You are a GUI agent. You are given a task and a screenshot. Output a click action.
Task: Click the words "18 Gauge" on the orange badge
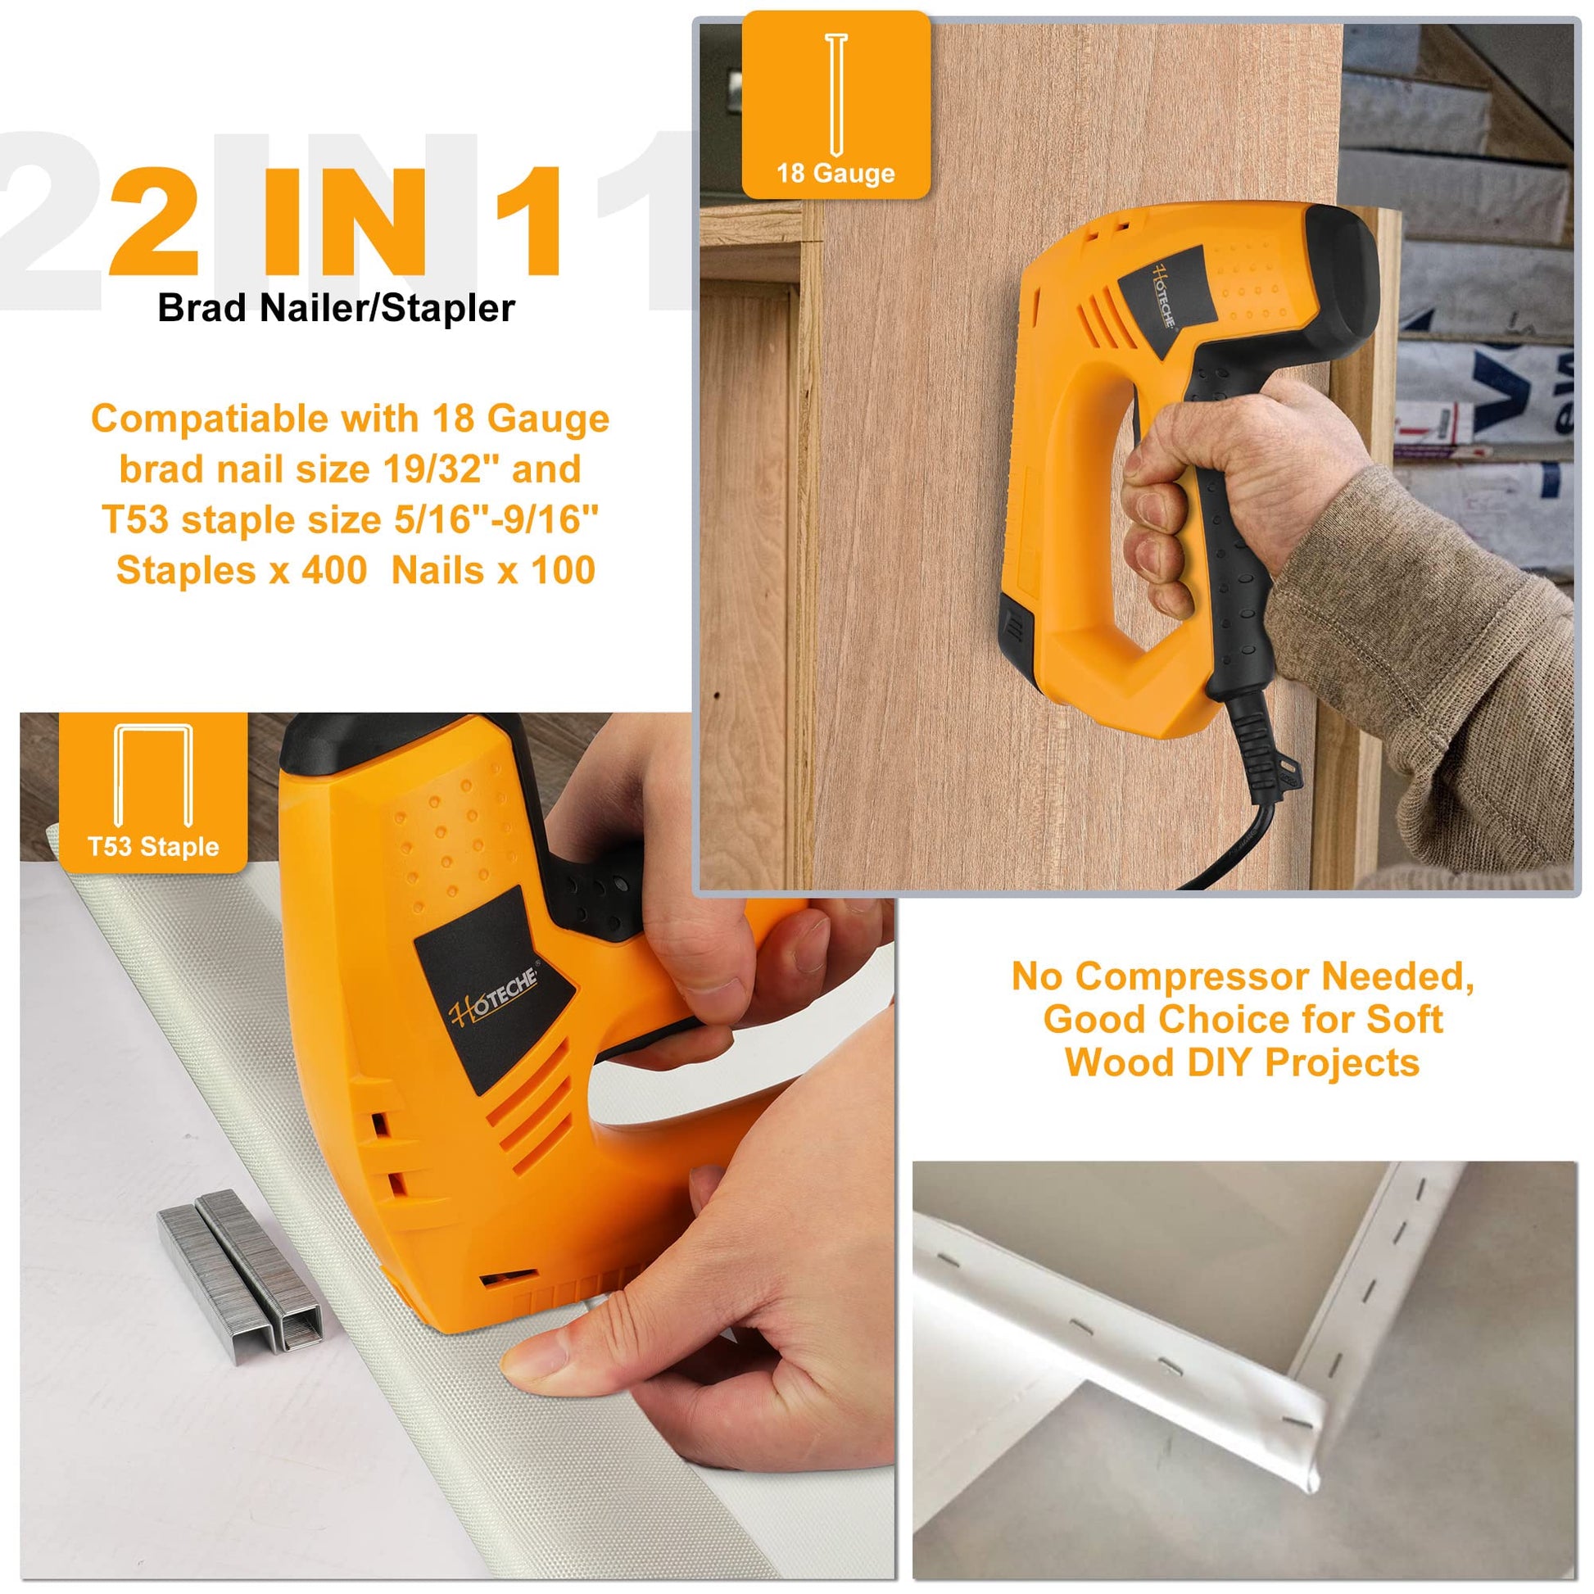tap(835, 174)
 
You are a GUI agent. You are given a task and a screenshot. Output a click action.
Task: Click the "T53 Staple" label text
tap(153, 846)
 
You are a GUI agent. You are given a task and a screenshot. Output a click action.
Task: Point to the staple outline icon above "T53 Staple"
tap(153, 776)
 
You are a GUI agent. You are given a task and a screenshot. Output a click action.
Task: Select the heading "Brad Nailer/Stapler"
tap(337, 308)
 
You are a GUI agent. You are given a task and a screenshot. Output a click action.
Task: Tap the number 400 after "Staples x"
tap(334, 570)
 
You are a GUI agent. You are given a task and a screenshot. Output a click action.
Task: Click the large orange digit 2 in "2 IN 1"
tap(153, 220)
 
